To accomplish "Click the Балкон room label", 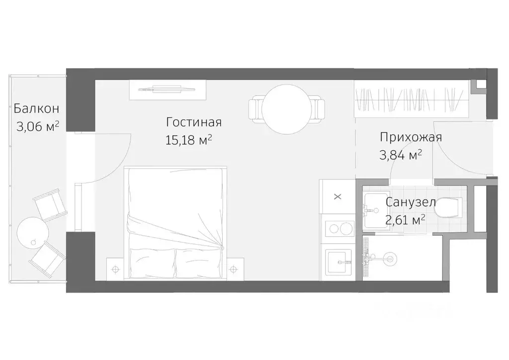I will (x=37, y=108).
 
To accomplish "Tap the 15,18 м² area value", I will (x=188, y=140).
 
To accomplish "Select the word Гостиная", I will (x=193, y=122).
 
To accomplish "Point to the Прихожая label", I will (x=411, y=137).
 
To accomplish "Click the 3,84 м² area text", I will (x=401, y=155).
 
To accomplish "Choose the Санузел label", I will (x=411, y=202).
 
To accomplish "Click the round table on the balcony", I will (x=33, y=232).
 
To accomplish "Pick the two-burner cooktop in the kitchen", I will (x=338, y=230).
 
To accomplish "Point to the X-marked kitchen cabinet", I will (x=338, y=196).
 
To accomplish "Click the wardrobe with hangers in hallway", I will (x=412, y=99).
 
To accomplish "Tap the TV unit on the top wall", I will (x=168, y=90).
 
